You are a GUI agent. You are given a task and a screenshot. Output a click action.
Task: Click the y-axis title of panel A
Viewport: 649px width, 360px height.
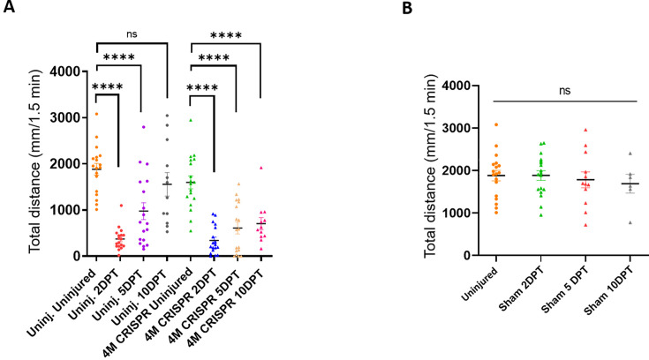click(x=36, y=164)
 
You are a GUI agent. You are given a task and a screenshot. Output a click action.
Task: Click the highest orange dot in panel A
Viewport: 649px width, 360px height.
click(x=97, y=114)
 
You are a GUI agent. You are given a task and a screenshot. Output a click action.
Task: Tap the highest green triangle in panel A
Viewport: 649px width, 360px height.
click(x=190, y=120)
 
